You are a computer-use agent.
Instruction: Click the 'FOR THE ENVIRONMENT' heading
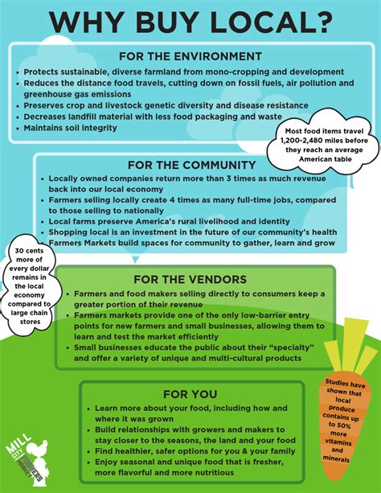click(190, 56)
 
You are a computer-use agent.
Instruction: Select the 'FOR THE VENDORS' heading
click(190, 280)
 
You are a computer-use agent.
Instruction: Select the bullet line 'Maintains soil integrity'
click(72, 128)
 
